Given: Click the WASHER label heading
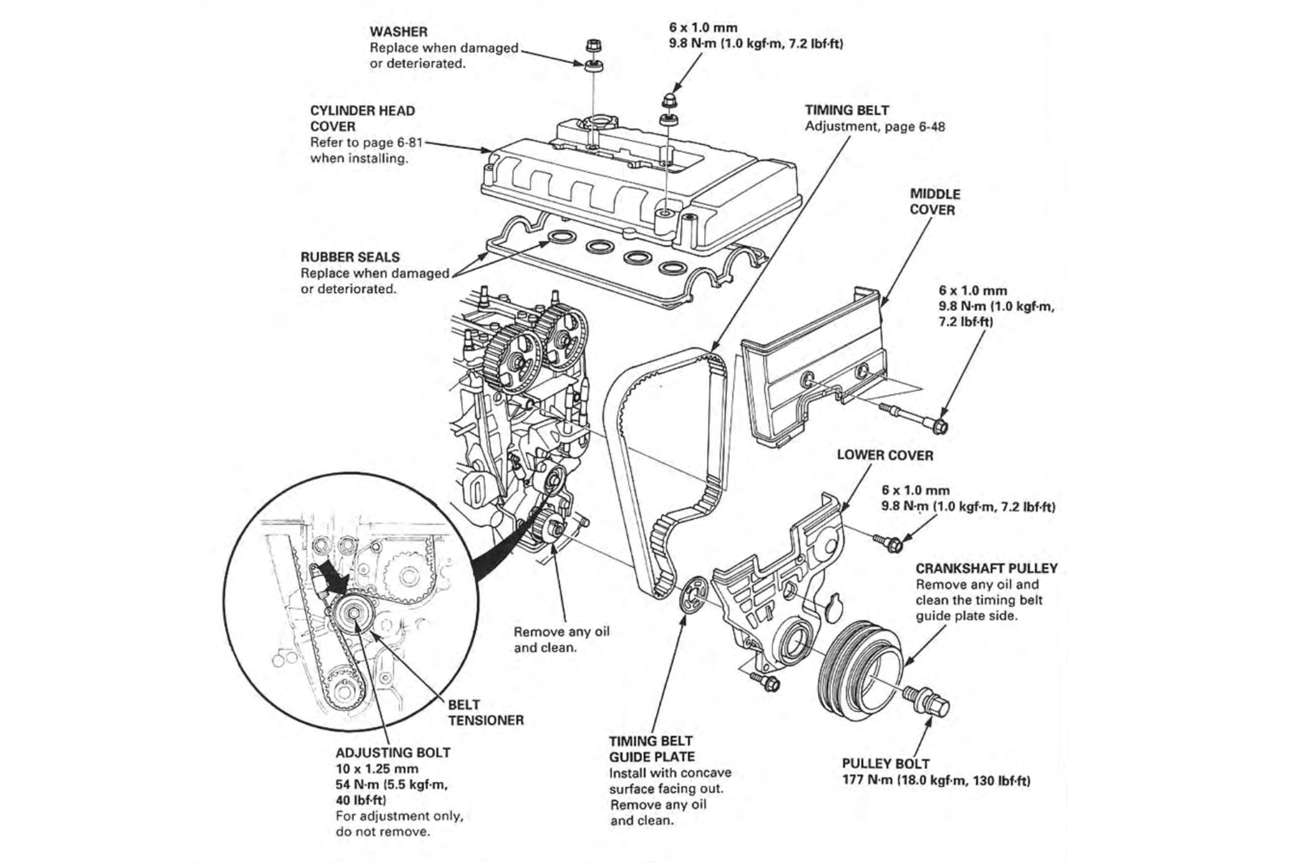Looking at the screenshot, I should coord(398,32).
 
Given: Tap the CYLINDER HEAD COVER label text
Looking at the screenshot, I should coord(362,118).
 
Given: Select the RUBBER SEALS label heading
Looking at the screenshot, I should coord(350,257).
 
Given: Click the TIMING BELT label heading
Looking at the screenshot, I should coord(847,110).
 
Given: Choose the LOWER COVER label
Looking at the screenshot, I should coord(885,455).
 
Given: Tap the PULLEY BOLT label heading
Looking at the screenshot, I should coord(886,763).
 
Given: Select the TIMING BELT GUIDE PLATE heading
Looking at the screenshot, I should coord(652,749).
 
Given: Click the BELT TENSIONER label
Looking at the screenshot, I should coord(485,712).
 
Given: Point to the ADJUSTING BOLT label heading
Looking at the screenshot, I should coord(393,752).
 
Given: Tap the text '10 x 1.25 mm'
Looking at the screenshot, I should coord(377,769).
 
